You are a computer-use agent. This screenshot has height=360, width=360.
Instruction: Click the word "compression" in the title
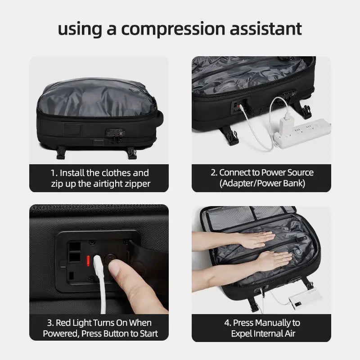click(173, 29)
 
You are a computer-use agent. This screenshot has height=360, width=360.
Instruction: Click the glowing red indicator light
click(88, 261)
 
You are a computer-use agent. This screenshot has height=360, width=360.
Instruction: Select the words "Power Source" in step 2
click(287, 172)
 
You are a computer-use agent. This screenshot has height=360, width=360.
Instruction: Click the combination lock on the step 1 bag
click(115, 133)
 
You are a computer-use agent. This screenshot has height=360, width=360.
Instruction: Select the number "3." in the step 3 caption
click(50, 323)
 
